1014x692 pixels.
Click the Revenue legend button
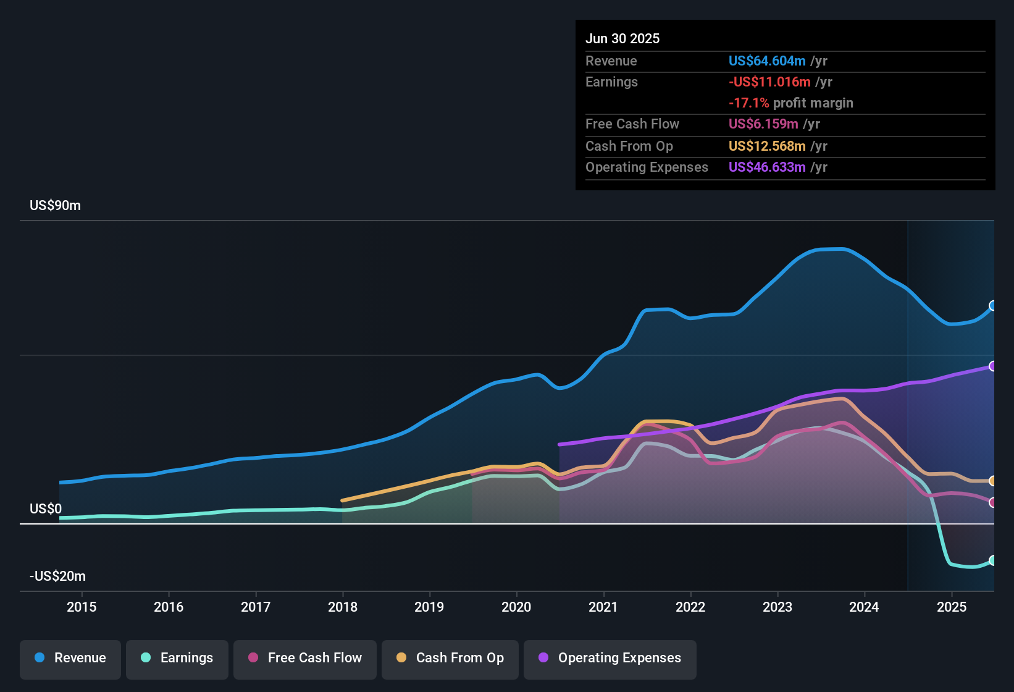click(70, 658)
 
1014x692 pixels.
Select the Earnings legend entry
click(177, 658)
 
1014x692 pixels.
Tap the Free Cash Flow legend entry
click(305, 658)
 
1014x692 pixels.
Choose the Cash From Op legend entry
click(450, 658)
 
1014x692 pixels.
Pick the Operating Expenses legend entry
click(610, 658)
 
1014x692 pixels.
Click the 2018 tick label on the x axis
click(343, 607)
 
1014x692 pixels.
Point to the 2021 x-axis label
click(603, 607)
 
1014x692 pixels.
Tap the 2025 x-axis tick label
click(952, 607)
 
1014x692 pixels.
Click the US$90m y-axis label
click(55, 206)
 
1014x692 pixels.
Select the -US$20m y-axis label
click(57, 576)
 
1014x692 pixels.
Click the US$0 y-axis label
click(46, 509)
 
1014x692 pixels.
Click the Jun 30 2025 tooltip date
click(622, 39)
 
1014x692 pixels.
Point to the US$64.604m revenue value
click(767, 61)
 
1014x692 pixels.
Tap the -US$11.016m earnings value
click(769, 82)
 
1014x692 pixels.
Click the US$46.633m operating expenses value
click(767, 167)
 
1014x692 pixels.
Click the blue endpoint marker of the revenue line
click(993, 306)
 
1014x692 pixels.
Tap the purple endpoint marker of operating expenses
click(993, 366)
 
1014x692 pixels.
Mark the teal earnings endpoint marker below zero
click(993, 560)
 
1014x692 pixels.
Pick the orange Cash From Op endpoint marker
click(993, 481)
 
